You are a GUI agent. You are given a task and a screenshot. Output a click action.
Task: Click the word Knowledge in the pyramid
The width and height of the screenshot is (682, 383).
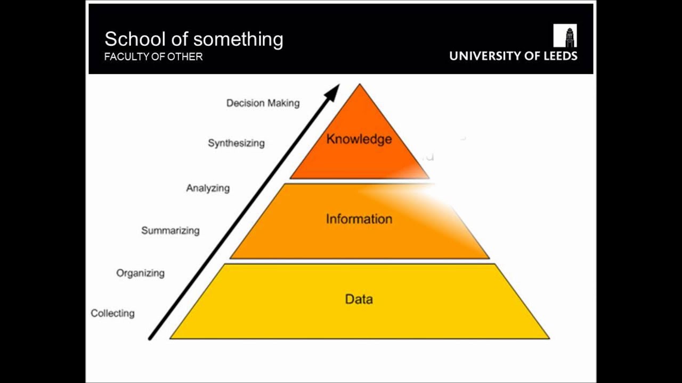(x=359, y=139)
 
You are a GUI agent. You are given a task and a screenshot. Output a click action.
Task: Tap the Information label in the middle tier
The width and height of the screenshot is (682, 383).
(x=359, y=219)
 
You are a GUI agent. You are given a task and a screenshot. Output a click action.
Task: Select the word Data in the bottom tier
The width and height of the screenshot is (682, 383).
(x=359, y=299)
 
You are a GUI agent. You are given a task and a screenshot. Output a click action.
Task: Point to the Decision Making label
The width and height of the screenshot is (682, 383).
(x=263, y=103)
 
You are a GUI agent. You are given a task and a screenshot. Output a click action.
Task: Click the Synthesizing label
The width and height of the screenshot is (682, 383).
(x=236, y=143)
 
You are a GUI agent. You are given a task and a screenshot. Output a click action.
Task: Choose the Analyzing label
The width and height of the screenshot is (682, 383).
(x=208, y=188)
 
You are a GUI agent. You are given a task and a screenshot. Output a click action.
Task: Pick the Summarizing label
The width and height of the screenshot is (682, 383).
(x=170, y=231)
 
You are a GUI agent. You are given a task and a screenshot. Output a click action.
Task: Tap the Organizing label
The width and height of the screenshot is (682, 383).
(x=140, y=273)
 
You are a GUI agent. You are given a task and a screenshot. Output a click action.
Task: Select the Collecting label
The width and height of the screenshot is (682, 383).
(x=112, y=313)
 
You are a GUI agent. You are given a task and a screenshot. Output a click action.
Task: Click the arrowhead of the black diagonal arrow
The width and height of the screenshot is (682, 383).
(x=333, y=91)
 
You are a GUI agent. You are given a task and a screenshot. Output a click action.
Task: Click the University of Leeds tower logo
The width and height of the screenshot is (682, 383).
(x=565, y=36)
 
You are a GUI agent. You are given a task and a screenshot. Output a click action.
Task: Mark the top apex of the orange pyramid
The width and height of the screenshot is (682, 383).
(x=360, y=85)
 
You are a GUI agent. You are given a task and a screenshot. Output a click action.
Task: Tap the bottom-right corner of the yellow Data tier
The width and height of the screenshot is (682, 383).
(x=548, y=338)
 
